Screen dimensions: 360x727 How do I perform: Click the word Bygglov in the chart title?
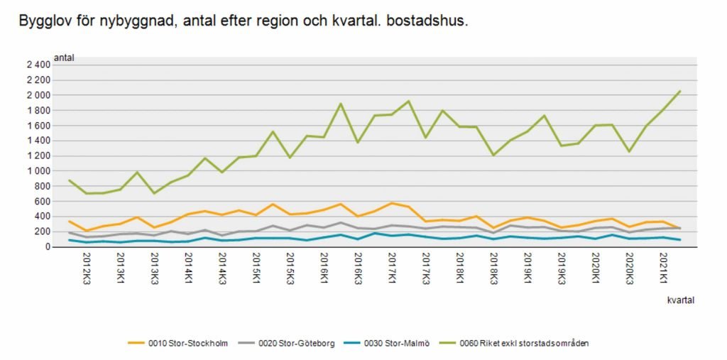43,21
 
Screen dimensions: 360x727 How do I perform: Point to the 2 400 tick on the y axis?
38,65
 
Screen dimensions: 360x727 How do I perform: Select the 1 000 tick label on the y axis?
38,171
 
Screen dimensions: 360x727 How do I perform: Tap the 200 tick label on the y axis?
42,231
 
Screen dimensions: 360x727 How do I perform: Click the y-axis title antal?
64,57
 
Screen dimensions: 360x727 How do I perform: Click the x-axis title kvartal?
679,300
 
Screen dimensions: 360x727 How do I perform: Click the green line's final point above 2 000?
679,91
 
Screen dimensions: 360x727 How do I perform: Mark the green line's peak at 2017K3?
408,101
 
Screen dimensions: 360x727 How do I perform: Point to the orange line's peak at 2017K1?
391,203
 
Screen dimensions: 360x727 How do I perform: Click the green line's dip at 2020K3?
629,151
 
